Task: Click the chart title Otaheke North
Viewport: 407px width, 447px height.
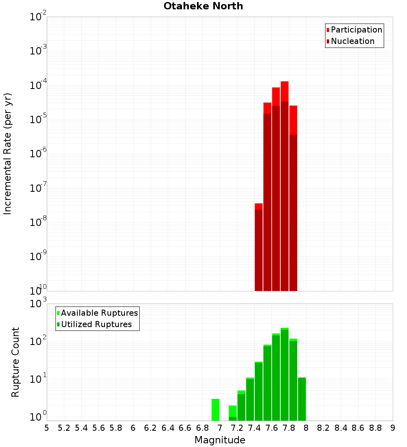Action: pos(203,6)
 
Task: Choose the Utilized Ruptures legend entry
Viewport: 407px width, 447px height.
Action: pos(96,325)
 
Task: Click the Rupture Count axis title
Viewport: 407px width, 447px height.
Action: pos(15,362)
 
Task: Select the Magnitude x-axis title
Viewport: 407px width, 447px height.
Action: pos(220,440)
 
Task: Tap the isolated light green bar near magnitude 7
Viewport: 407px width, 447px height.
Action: pos(215,410)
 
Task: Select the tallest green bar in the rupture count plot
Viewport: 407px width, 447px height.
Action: pos(284,374)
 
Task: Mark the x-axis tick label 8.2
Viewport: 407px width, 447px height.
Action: pos(323,428)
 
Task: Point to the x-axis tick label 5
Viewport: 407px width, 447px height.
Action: pos(47,428)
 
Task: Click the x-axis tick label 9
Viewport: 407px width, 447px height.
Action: pos(392,428)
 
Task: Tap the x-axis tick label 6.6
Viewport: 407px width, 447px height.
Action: pos(185,428)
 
